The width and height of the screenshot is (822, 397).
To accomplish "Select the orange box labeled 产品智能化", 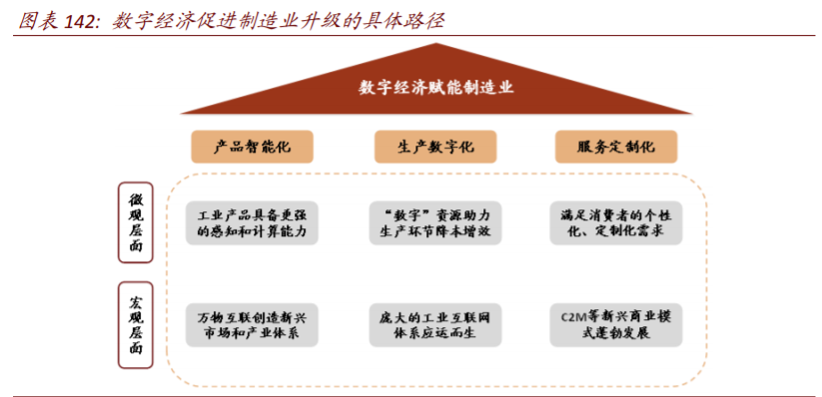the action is click(253, 147).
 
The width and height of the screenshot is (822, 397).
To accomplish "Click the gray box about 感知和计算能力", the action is click(253, 222).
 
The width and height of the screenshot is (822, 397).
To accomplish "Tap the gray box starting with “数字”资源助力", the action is click(435, 222).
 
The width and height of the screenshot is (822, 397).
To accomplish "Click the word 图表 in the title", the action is click(33, 19).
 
